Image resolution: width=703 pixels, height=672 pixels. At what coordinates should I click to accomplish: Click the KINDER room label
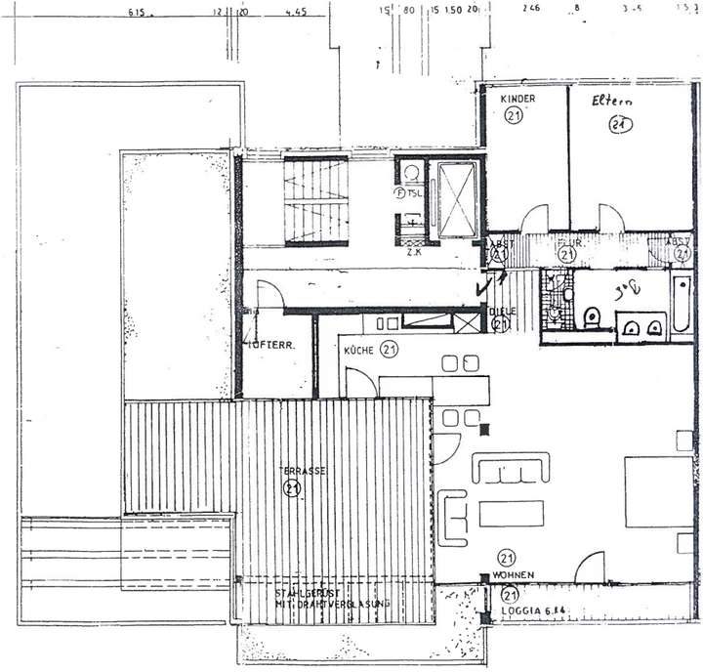[x=517, y=100]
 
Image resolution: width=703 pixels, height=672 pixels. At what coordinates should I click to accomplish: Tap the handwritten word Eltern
[x=614, y=102]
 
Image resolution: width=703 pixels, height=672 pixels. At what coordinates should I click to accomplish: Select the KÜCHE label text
[x=358, y=349]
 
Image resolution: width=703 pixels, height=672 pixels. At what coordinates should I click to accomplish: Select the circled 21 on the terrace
[x=290, y=489]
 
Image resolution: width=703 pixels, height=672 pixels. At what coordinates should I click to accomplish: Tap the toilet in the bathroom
[x=591, y=319]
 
